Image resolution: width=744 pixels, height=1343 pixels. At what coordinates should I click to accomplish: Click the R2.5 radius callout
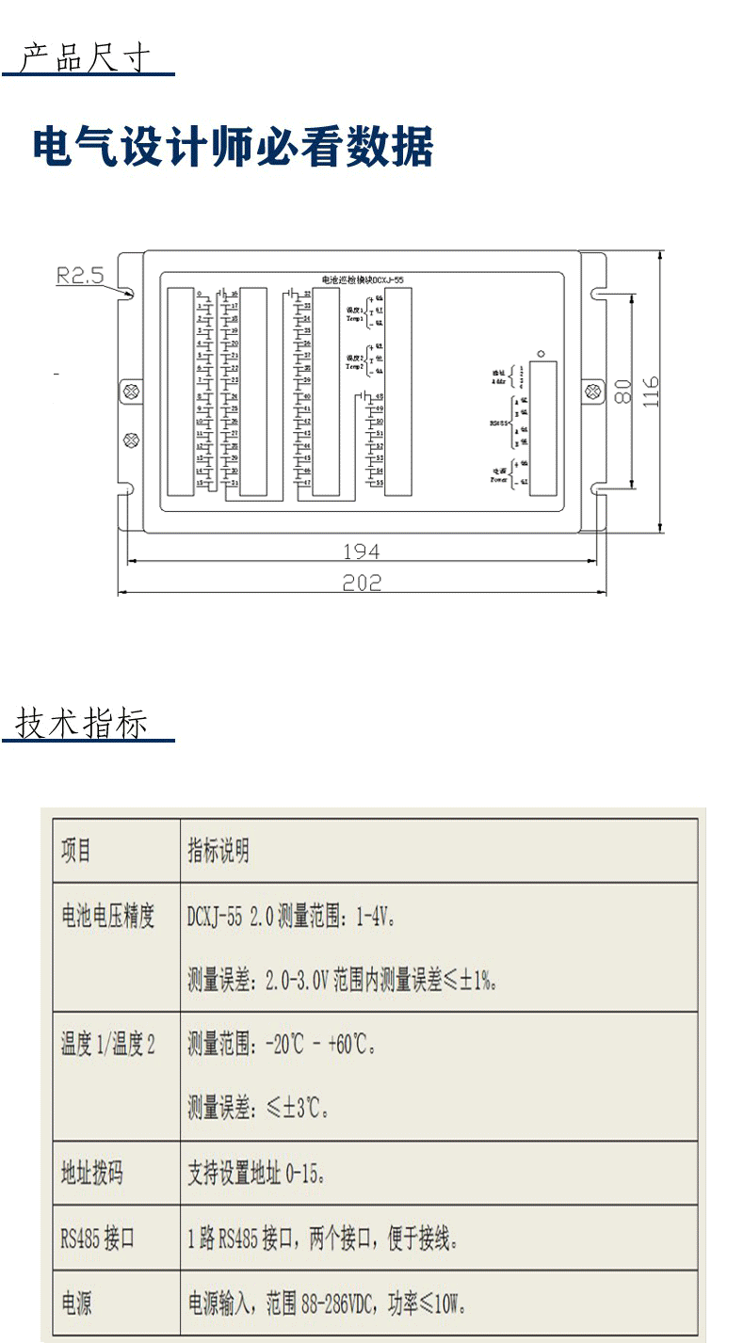(80, 276)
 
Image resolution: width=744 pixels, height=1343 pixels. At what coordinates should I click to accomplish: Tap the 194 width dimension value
(362, 551)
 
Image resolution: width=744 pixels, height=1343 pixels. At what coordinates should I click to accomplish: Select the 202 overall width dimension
(362, 584)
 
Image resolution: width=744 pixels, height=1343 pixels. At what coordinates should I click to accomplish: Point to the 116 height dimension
(651, 391)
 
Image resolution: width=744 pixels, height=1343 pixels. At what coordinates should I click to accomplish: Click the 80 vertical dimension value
(623, 391)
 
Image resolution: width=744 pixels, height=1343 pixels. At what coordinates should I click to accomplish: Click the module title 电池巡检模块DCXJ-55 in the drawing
(363, 280)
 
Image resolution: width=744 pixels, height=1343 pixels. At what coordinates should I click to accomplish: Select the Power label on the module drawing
(499, 478)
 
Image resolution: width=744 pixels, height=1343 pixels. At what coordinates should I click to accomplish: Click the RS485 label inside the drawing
(500, 424)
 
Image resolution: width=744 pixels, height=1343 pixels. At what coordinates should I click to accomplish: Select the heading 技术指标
(83, 725)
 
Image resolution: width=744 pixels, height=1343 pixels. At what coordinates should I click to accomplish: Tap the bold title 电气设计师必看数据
(233, 148)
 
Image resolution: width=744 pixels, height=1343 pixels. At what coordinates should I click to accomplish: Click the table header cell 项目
(77, 851)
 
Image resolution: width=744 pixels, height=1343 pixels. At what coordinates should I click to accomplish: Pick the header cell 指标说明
(218, 851)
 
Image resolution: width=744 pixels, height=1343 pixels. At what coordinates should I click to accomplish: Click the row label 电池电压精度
(107, 916)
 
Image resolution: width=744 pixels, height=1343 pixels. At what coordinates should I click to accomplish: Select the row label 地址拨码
(92, 1174)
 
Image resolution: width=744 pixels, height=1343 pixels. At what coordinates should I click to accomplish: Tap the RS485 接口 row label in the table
(98, 1238)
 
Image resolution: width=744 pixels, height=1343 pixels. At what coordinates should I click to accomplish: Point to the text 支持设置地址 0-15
(256, 1174)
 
